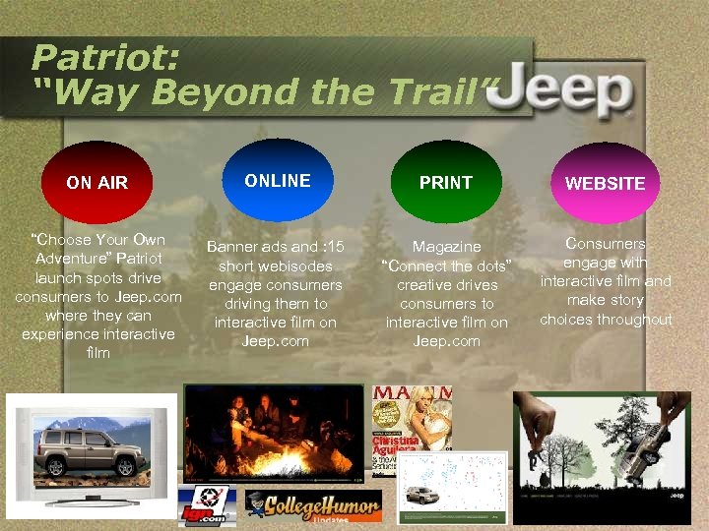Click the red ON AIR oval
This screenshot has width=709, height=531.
click(x=96, y=182)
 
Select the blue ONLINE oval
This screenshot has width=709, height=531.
click(x=278, y=180)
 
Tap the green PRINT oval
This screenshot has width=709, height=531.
click(x=445, y=182)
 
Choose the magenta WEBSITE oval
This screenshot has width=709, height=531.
click(x=604, y=183)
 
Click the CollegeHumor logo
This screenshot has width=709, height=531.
click(x=312, y=506)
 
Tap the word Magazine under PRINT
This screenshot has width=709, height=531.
click(x=446, y=247)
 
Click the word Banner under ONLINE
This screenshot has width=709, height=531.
click(x=230, y=247)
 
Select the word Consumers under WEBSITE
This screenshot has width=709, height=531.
click(x=606, y=243)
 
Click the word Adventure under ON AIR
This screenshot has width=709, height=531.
click(x=75, y=259)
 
